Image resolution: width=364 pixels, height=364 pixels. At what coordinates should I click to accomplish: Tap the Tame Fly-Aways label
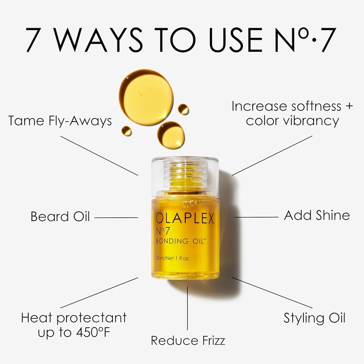60,121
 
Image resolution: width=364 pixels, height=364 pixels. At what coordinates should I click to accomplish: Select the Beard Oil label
60,217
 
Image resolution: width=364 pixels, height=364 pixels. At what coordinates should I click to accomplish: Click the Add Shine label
317,216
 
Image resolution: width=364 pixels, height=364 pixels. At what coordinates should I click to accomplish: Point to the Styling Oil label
314,318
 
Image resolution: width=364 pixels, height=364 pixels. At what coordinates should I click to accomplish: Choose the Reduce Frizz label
188,341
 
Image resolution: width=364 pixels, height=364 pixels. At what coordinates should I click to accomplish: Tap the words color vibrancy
292,121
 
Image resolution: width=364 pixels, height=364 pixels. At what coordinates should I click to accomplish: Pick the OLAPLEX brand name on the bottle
185,218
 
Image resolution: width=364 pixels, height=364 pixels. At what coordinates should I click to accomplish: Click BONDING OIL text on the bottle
181,241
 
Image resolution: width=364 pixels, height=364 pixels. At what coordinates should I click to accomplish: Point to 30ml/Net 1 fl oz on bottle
172,258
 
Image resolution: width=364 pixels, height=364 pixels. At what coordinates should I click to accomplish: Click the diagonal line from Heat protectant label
99,293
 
